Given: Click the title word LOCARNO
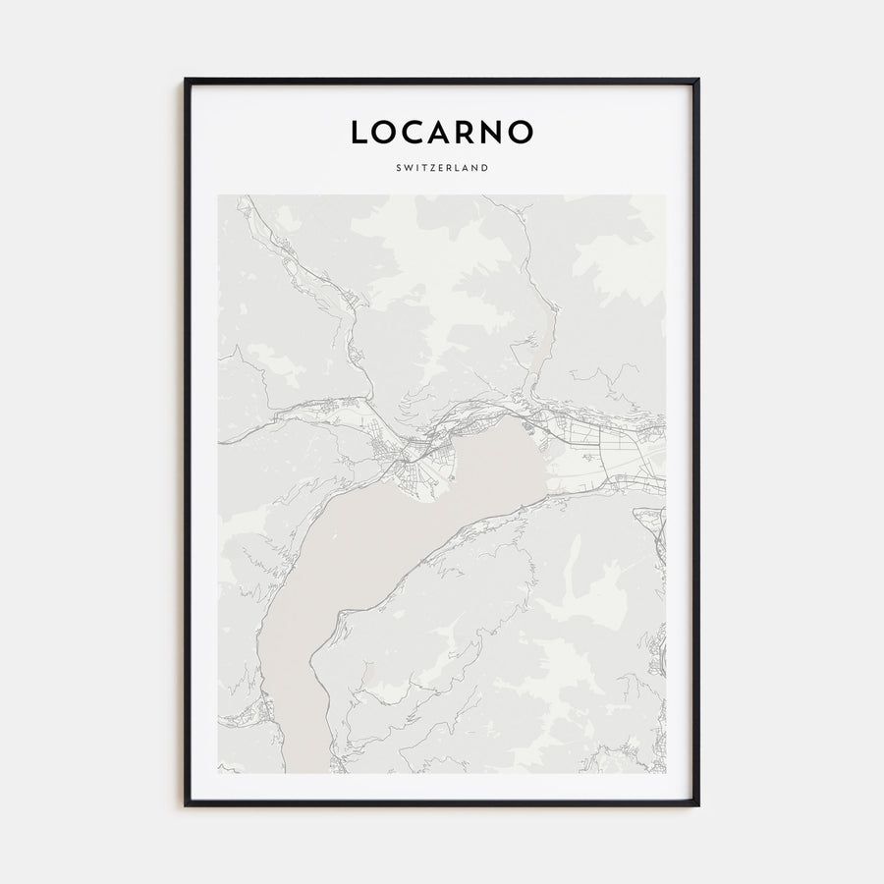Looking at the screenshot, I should tap(442, 133).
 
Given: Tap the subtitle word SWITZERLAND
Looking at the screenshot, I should tap(442, 168).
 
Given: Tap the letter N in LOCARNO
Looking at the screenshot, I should tap(493, 133).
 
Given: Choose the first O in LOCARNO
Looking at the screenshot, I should tap(384, 133).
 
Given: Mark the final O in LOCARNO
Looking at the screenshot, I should tap(522, 133).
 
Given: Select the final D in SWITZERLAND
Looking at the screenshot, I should tap(485, 168).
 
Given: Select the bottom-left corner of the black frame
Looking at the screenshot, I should tap(186, 804).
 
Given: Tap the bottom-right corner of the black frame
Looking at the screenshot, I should tap(698, 804).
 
